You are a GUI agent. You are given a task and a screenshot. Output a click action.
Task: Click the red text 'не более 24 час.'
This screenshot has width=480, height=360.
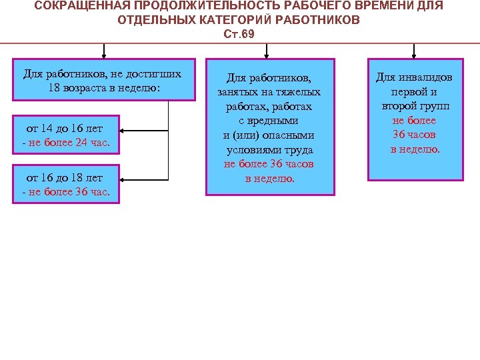coord(69,142)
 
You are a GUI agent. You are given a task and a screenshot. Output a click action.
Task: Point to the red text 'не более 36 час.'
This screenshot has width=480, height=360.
coord(69,193)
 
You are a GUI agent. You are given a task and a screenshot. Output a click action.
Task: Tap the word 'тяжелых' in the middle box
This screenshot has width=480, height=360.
coord(297,92)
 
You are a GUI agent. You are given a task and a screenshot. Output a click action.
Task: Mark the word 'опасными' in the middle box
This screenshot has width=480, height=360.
coord(290,135)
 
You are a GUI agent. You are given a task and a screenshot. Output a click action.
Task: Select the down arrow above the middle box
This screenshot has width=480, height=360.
coord(267,51)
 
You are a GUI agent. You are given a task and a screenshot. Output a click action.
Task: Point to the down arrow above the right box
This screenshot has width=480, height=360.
coord(414,51)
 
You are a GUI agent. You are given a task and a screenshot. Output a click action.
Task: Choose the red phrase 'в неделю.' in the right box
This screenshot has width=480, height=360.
coord(415,149)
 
